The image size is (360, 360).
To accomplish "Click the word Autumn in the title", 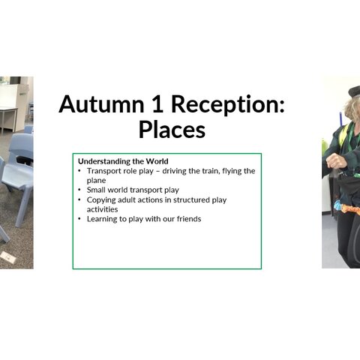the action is click(101, 104).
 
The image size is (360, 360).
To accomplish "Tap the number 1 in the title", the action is click(157, 104).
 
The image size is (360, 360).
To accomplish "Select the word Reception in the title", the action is click(228, 105).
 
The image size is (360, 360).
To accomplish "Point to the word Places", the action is click(172, 130).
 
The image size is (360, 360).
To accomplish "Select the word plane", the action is click(96, 181).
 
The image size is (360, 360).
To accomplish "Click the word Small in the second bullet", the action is click(96, 190).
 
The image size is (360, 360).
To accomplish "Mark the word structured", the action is click(191, 200).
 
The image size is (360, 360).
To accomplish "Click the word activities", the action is click(102, 209).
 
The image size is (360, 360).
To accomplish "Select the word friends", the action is click(189, 219).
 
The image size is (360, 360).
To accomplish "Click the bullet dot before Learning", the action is click(79, 219).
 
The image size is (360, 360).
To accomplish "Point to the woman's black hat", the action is click(355, 91).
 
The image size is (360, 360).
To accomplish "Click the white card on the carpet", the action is click(8, 257).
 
